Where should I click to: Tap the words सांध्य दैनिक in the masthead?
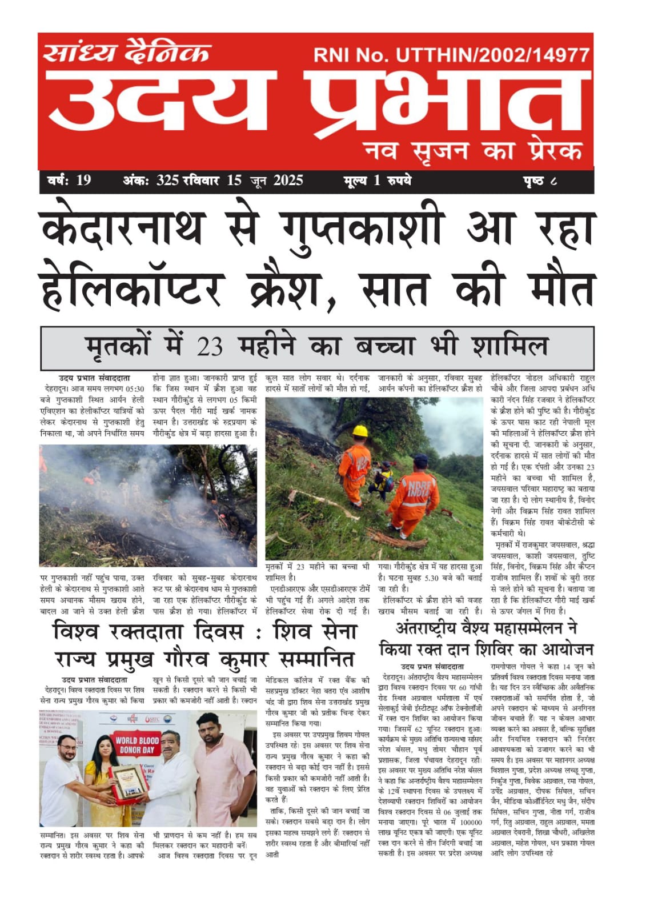tap(127, 53)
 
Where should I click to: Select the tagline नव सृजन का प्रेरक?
tap(474, 151)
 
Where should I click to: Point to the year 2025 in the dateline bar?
tap(288, 181)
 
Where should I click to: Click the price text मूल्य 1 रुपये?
tap(377, 181)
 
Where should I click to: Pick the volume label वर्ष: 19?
tap(69, 181)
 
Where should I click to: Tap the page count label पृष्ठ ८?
tap(539, 181)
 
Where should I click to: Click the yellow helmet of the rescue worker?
tap(360, 431)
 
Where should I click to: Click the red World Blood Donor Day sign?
tap(137, 745)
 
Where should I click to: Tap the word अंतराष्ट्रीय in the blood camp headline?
tap(434, 628)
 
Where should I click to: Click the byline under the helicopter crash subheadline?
tap(94, 378)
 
